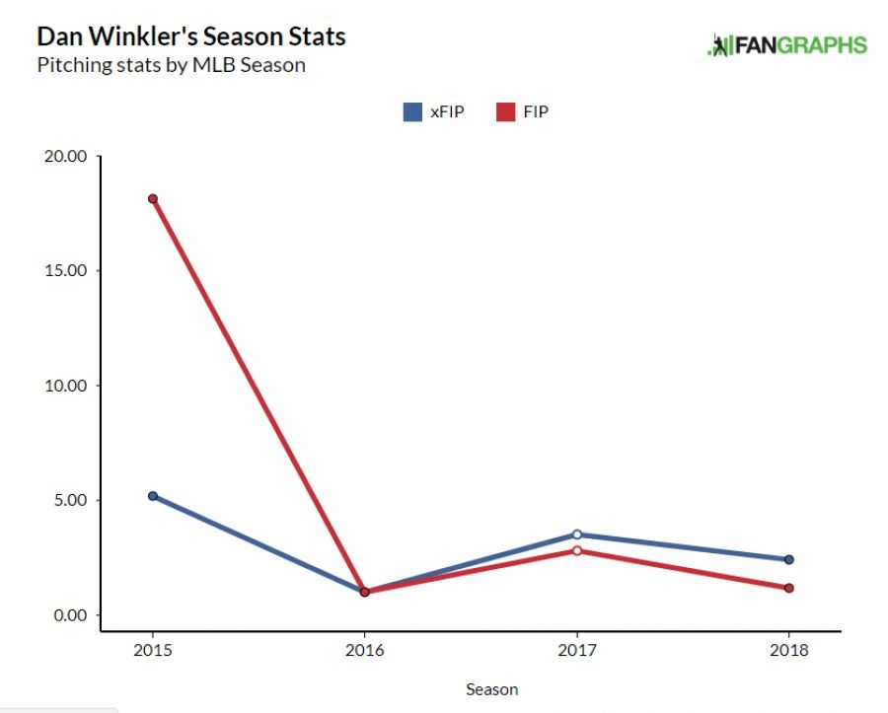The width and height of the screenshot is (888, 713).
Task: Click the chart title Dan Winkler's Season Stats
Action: click(x=190, y=37)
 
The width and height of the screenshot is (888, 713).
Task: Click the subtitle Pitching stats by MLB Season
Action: click(x=171, y=66)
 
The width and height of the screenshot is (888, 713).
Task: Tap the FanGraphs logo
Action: click(x=787, y=44)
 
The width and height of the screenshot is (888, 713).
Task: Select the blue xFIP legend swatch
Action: click(x=412, y=111)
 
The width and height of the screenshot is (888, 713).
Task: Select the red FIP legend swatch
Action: click(x=505, y=111)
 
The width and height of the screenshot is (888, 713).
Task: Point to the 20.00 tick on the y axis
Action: click(x=66, y=156)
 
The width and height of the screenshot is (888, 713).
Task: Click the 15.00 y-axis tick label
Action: click(x=66, y=270)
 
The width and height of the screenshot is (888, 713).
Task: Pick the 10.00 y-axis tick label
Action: click(x=66, y=386)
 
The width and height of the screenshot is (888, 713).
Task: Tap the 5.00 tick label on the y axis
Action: click(x=70, y=500)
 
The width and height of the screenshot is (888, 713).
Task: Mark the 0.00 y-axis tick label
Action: click(x=70, y=615)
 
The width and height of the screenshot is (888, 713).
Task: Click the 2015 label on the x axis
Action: click(x=153, y=651)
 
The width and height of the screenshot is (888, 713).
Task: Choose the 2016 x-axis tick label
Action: click(x=364, y=651)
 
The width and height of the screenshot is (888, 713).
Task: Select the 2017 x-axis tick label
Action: click(x=576, y=651)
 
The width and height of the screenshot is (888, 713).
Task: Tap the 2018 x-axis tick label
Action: click(x=788, y=651)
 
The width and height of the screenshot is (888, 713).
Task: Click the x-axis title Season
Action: click(x=491, y=689)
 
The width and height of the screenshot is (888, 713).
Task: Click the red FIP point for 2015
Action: click(x=153, y=198)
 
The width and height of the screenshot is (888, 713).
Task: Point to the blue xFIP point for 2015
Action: click(x=153, y=496)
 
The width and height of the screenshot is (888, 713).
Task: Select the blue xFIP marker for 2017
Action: click(x=576, y=535)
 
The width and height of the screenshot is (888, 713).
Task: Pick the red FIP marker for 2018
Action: click(x=788, y=588)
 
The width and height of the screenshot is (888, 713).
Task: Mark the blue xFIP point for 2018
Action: click(x=788, y=559)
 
